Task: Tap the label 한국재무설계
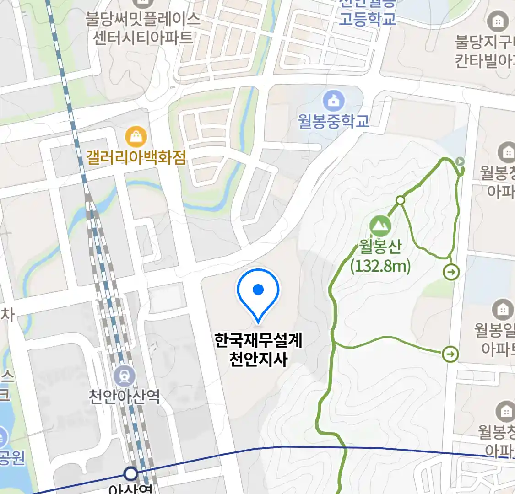259,340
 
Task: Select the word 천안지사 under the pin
259,359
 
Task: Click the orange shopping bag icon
136,136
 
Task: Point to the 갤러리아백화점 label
136,158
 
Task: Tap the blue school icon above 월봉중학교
334,101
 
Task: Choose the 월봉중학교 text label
334,121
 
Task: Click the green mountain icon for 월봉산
380,226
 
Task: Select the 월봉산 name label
380,247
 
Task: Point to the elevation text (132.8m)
380,265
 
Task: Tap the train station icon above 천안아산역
125,376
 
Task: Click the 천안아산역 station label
125,396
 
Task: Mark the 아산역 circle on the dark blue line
131,473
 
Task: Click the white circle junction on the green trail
401,200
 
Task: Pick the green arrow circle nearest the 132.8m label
451,273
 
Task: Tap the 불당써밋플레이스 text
143,19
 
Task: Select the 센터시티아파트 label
143,37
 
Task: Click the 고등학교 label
367,19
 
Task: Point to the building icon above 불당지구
498,21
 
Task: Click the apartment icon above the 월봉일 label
503,310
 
